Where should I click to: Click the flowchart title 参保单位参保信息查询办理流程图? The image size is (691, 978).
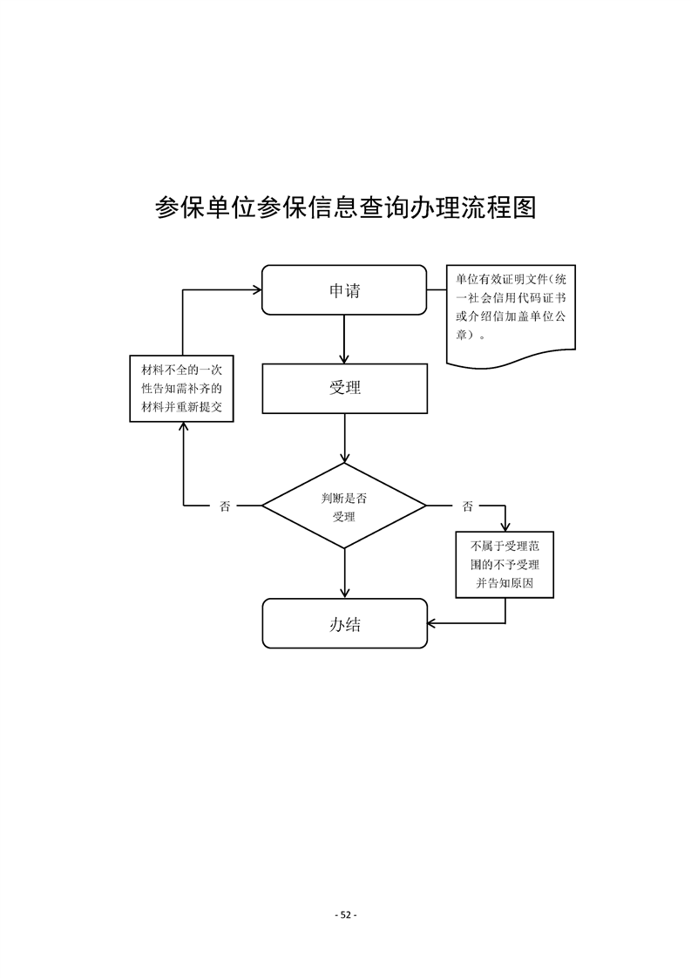click(x=345, y=207)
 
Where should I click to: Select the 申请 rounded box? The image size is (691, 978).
click(x=344, y=290)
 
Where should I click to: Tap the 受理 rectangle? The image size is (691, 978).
click(x=344, y=388)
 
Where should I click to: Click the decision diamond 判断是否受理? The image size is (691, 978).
click(x=344, y=506)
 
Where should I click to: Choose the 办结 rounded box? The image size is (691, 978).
click(x=344, y=623)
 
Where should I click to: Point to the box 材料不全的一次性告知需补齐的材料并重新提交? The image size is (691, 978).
click(x=182, y=388)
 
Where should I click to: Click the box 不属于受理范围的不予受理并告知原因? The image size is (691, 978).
click(x=505, y=565)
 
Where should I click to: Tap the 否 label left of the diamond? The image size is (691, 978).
click(x=225, y=506)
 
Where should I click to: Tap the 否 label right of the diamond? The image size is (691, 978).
click(x=468, y=506)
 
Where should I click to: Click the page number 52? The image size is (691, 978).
click(x=346, y=914)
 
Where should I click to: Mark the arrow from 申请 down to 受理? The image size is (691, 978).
click(x=345, y=339)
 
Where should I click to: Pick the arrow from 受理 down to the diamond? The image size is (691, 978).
click(x=345, y=438)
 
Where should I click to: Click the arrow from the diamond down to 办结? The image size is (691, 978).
click(x=345, y=574)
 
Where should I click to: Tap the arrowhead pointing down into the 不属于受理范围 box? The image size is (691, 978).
click(x=505, y=525)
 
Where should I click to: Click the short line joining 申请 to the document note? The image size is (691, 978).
click(x=437, y=290)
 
